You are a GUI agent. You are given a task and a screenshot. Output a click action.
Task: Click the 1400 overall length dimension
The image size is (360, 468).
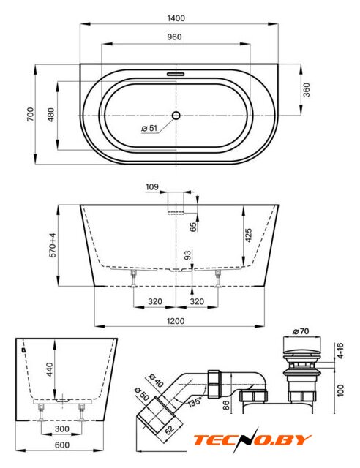pos(176,18)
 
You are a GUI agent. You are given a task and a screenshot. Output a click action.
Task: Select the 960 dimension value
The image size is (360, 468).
pos(174,37)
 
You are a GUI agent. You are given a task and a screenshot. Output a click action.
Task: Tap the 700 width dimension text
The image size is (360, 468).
pos(31,114)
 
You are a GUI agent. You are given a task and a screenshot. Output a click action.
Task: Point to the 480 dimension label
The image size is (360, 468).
pos(51,115)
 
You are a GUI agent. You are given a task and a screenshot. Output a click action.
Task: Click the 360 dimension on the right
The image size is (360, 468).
pos(307,90)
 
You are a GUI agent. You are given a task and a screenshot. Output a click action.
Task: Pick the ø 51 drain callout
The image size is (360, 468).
pos(149,128)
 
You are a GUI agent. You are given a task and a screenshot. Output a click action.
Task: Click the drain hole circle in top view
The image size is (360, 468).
pos(176,116)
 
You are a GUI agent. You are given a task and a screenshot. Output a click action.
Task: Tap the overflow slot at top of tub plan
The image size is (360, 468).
pos(176,73)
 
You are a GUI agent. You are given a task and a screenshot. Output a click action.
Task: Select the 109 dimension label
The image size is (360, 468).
pos(152,187)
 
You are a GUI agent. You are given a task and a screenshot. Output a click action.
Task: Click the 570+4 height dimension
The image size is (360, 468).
pos(53,246)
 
